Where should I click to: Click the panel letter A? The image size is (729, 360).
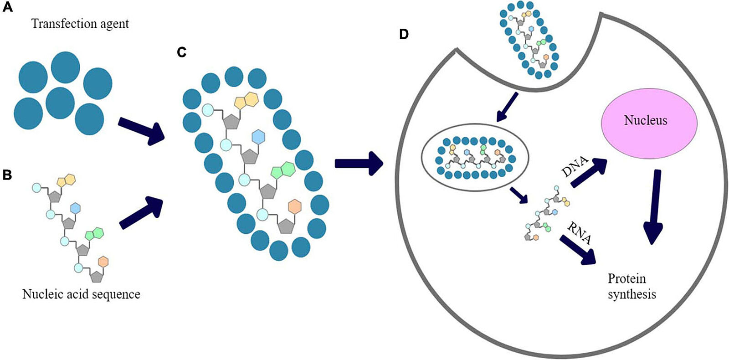(x=7, y=8)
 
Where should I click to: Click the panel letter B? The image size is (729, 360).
(x=7, y=175)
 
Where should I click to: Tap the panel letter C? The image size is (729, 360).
(x=182, y=52)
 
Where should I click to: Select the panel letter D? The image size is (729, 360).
(x=404, y=34)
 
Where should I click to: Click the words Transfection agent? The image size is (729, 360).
(x=80, y=24)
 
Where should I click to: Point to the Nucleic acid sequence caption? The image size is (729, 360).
(x=81, y=294)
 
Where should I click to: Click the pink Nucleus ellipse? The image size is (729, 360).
(x=650, y=121)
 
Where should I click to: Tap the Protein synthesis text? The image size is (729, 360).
(x=631, y=287)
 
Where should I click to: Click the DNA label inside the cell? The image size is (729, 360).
(x=575, y=167)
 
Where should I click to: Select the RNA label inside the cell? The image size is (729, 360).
(x=580, y=232)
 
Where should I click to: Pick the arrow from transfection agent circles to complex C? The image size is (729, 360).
(x=141, y=131)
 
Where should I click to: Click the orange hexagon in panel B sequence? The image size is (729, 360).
(x=103, y=262)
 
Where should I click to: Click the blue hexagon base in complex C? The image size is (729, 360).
(x=258, y=136)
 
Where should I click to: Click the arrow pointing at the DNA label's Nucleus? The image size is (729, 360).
(x=589, y=173)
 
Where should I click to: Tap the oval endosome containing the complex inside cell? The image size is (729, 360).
(x=474, y=157)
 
